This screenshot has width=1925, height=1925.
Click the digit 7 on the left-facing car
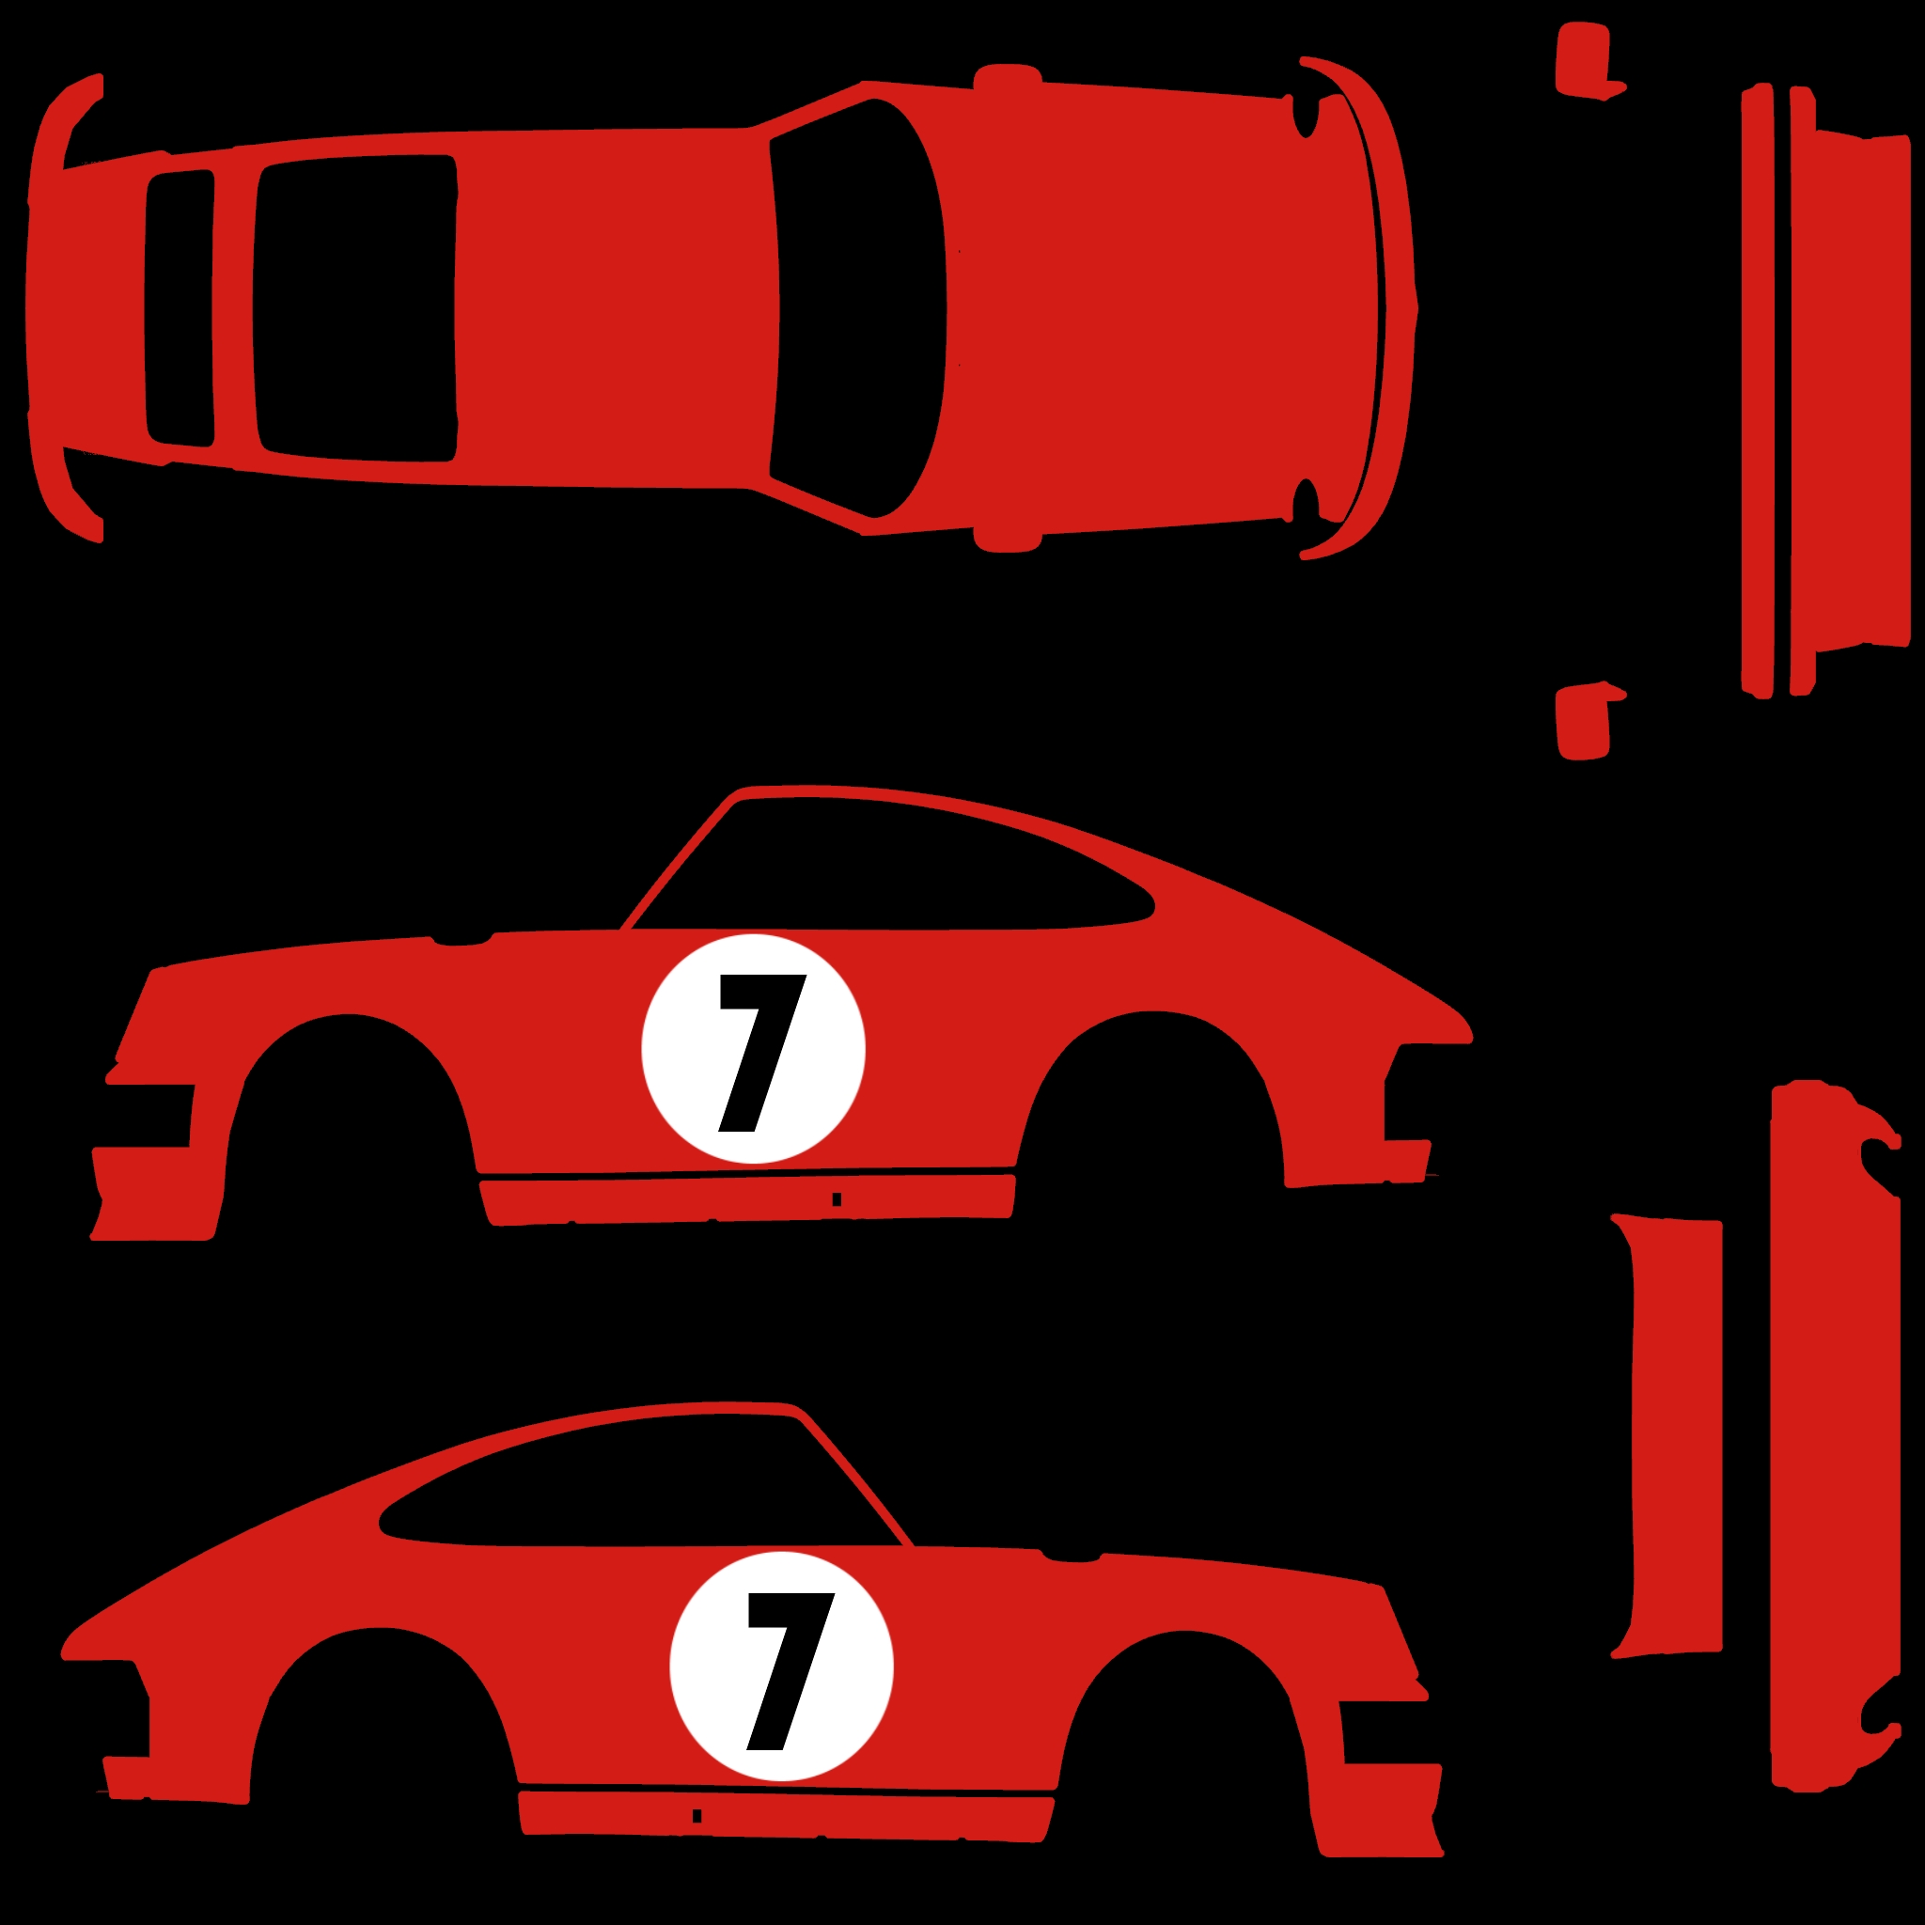[x=762, y=1052]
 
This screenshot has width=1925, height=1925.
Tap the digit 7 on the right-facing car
[x=790, y=1671]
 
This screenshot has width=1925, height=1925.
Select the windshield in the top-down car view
[x=859, y=308]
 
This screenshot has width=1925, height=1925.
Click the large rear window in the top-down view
[x=354, y=308]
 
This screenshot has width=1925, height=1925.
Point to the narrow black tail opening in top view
[x=180, y=308]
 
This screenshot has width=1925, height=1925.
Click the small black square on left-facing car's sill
[x=837, y=1199]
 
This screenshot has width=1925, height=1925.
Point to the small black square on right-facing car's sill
[x=696, y=1816]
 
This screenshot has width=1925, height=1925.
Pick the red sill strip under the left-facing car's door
[x=747, y=1199]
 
